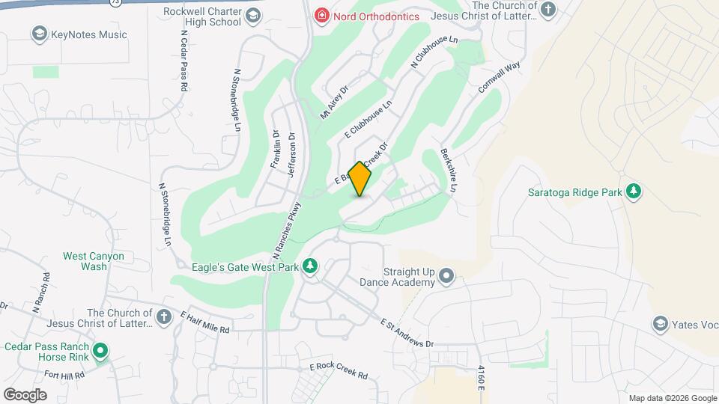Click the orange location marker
click(360, 178)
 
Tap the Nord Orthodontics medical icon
click(321, 15)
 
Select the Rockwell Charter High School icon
click(253, 15)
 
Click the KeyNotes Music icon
click(39, 34)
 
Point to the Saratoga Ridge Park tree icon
click(634, 192)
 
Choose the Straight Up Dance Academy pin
click(447, 276)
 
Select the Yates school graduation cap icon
click(660, 324)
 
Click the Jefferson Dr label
click(291, 156)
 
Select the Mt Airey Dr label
click(335, 102)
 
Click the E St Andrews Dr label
click(407, 333)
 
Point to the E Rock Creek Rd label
click(339, 370)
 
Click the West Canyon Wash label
click(94, 261)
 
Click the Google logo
click(25, 394)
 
